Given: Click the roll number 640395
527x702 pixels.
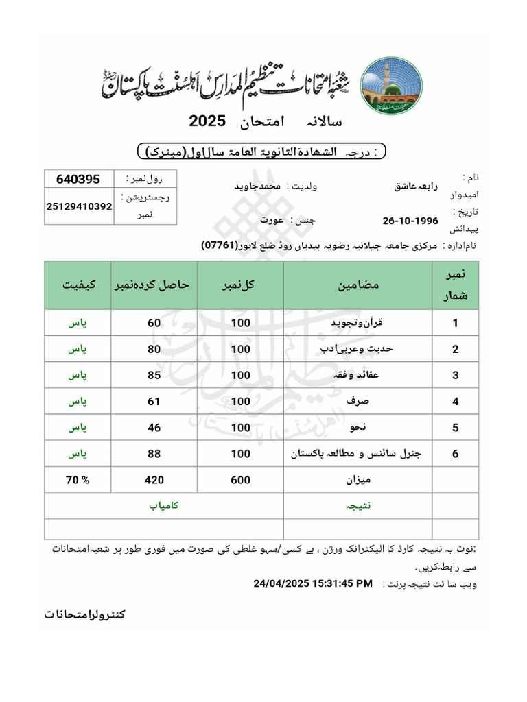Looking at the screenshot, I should click(78, 179).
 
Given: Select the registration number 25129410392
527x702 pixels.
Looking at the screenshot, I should click(79, 206).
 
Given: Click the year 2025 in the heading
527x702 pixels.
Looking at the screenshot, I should click(207, 121).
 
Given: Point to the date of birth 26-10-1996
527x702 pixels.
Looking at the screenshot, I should click(410, 221).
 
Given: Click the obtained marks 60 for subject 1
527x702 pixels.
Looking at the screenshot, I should click(154, 323).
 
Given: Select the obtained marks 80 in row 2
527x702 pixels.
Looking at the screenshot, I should click(154, 349).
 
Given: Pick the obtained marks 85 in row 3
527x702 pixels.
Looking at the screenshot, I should click(154, 375).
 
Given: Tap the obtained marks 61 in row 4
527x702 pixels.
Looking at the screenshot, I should click(154, 401).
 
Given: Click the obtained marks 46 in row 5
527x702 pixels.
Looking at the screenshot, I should click(154, 427).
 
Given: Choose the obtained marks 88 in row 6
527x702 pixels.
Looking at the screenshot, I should click(154, 453).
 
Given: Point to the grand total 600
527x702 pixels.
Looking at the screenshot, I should click(240, 480).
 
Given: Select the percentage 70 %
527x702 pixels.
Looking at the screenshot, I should click(78, 480).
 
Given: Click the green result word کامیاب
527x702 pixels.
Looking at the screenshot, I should click(164, 506).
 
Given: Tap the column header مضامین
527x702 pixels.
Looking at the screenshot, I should click(358, 285).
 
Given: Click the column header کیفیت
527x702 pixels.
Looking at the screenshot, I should click(79, 285).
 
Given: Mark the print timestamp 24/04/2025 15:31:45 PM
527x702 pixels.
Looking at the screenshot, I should click(313, 583).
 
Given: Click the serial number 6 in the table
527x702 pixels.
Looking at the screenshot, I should click(455, 453).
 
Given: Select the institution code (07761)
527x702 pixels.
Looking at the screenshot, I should click(220, 245).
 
